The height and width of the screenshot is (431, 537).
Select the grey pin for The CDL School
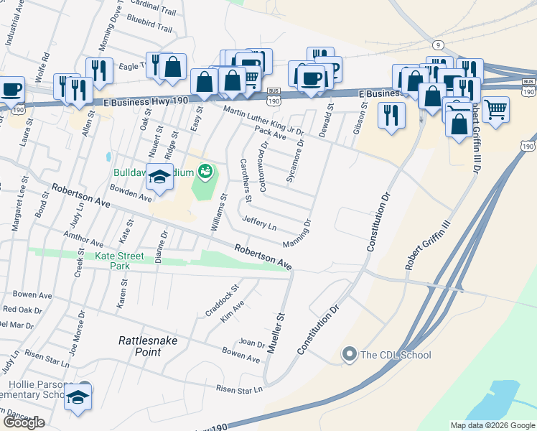350,354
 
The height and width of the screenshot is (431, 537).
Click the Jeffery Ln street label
259,223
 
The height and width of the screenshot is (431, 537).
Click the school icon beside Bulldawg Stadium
160,177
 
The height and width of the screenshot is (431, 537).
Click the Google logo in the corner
24,422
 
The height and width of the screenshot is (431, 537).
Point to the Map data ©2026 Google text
492,425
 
